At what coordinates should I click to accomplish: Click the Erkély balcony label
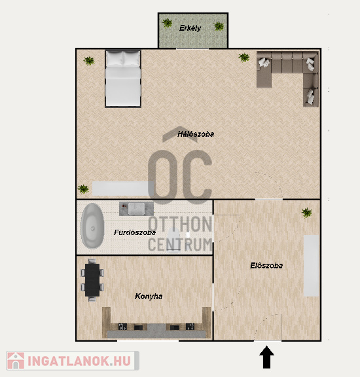pyautogui.click(x=190, y=28)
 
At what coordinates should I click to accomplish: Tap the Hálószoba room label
pyautogui.click(x=196, y=134)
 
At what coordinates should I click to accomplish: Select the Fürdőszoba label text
pyautogui.click(x=135, y=232)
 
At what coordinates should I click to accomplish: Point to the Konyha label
pyautogui.click(x=149, y=296)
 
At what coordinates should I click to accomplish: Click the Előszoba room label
pyautogui.click(x=266, y=266)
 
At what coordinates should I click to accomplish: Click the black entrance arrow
pyautogui.click(x=266, y=357)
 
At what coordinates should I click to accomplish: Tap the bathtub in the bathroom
pyautogui.click(x=92, y=226)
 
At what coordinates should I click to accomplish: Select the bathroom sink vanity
pyautogui.click(x=136, y=209)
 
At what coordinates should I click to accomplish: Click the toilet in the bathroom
pyautogui.click(x=173, y=240)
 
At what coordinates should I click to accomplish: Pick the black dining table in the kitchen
pyautogui.click(x=92, y=280)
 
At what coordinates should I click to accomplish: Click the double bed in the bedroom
pyautogui.click(x=123, y=79)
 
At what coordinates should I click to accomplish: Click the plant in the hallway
pyautogui.click(x=306, y=213)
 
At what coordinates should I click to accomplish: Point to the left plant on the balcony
pyautogui.click(x=167, y=23)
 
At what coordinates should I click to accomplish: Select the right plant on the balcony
pyautogui.click(x=219, y=26)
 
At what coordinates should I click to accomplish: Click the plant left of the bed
pyautogui.click(x=89, y=61)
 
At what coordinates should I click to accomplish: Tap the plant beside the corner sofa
pyautogui.click(x=244, y=58)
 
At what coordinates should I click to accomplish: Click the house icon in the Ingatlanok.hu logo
pyautogui.click(x=16, y=361)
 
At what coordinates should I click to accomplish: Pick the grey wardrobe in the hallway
pyautogui.click(x=312, y=266)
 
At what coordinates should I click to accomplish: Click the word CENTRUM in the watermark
pyautogui.click(x=180, y=244)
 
